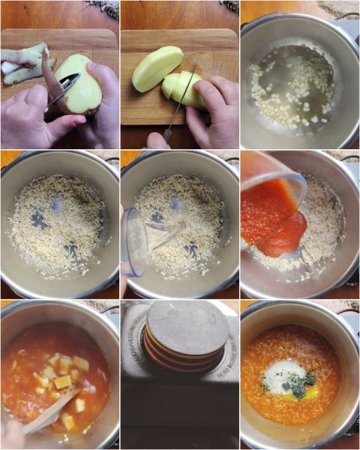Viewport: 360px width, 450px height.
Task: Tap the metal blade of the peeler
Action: point(62,89)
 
